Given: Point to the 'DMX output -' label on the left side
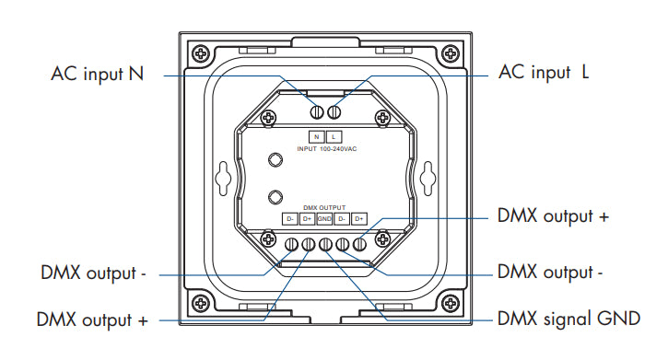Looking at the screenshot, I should point(93,273).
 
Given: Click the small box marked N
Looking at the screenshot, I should point(316,136).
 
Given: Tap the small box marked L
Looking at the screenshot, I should point(334,136).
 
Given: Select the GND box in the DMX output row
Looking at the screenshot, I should point(324,219).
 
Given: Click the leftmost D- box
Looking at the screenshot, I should point(289,219).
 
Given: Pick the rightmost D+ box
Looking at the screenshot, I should point(360,219).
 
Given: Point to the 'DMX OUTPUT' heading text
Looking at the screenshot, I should point(324,208).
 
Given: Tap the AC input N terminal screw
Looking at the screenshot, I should point(316,112).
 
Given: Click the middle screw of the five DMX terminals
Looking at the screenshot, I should point(324,245).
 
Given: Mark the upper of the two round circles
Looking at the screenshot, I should point(273,160).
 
